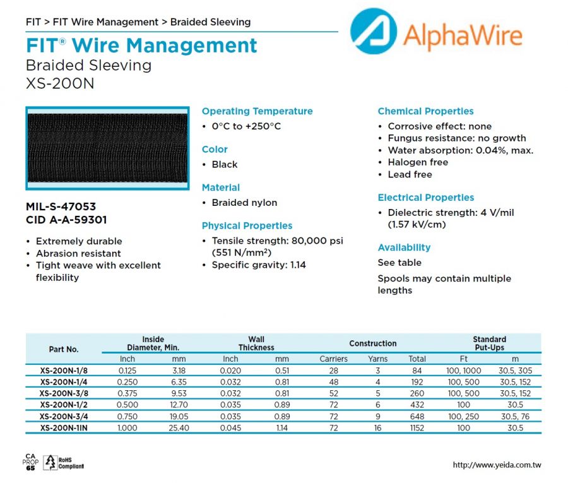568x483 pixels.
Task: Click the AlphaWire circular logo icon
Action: click(x=373, y=32)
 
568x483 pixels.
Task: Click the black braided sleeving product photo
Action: click(x=107, y=148)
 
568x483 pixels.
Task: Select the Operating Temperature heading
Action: click(x=257, y=111)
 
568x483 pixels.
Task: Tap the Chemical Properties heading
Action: click(x=425, y=111)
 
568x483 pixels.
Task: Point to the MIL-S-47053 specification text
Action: click(x=61, y=206)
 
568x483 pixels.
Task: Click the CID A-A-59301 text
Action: click(x=66, y=220)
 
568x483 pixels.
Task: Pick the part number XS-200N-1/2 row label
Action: click(x=64, y=405)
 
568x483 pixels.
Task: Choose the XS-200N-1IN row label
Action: click(x=64, y=428)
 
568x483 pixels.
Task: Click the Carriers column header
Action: click(x=333, y=359)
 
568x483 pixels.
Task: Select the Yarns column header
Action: click(x=378, y=359)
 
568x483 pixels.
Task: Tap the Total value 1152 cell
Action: click(x=417, y=428)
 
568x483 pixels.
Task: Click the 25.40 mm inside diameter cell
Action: click(x=179, y=428)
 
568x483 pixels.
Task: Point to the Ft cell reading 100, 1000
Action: click(x=464, y=371)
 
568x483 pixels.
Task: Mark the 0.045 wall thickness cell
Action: click(x=230, y=428)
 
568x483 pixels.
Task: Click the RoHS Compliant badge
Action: click(x=64, y=463)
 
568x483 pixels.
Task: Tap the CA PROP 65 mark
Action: click(x=30, y=462)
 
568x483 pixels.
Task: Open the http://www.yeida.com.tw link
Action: click(x=497, y=465)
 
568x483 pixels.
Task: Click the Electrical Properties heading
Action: click(x=426, y=198)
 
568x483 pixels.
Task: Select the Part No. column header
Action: click(x=64, y=349)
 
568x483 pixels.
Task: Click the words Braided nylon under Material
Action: click(x=244, y=203)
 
